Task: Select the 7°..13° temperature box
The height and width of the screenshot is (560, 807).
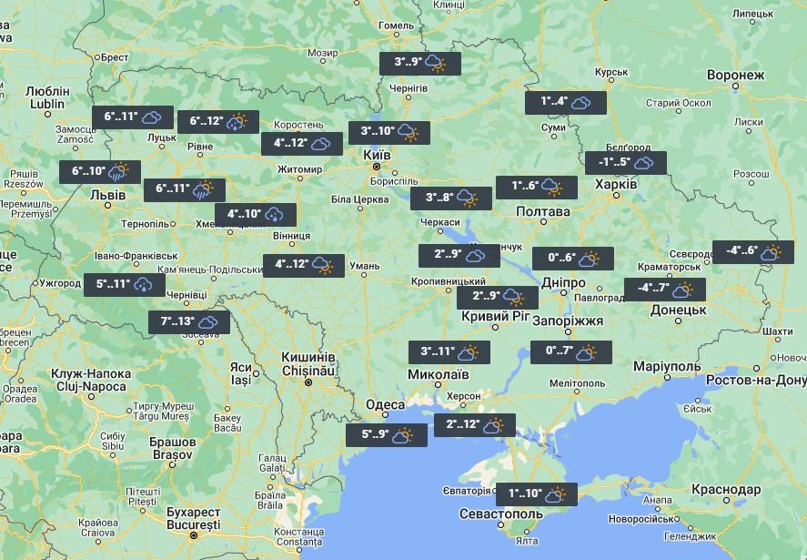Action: [188, 322]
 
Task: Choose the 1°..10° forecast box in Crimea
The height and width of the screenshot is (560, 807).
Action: [536, 495]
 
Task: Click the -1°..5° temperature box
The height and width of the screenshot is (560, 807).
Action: [626, 163]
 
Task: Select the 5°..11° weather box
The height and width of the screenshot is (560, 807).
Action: [125, 285]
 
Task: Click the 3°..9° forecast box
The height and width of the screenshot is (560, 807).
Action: [420, 64]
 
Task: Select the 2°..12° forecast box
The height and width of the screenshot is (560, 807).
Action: [474, 425]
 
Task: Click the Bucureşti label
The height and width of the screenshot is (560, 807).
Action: [194, 525]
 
